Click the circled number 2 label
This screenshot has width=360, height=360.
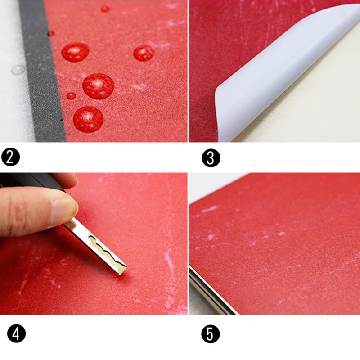tap(10, 157)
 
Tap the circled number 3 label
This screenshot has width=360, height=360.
tap(211, 158)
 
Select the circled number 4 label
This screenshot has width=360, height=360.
tap(16, 333)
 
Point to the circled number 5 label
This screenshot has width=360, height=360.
tap(211, 334)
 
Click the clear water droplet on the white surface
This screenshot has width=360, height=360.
tap(18, 70)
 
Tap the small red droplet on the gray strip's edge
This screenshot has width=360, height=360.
tap(51, 33)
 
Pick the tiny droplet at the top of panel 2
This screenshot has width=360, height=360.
tap(105, 9)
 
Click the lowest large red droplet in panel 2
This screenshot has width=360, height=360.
tap(88, 119)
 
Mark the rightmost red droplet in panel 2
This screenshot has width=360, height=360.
tap(144, 53)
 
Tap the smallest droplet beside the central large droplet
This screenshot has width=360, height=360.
tap(71, 96)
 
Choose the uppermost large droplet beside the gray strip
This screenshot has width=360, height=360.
tap(75, 52)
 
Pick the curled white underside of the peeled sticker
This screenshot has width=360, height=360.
tap(275, 76)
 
